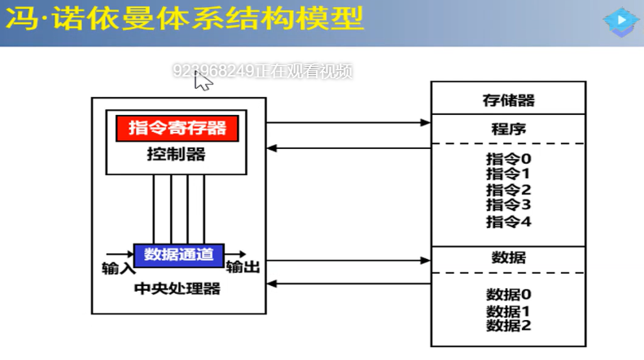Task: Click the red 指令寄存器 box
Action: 177,128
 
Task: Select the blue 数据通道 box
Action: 178,254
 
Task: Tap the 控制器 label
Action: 176,154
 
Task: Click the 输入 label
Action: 116,268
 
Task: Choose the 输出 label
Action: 243,267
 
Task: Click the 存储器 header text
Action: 508,99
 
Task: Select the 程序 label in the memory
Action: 508,129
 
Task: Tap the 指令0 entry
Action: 508,159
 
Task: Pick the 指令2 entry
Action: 508,190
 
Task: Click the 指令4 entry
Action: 508,221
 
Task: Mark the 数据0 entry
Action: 508,295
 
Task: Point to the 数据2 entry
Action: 508,325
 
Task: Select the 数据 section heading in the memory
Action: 508,257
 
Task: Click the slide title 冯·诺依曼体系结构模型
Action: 183,20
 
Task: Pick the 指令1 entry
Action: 508,173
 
